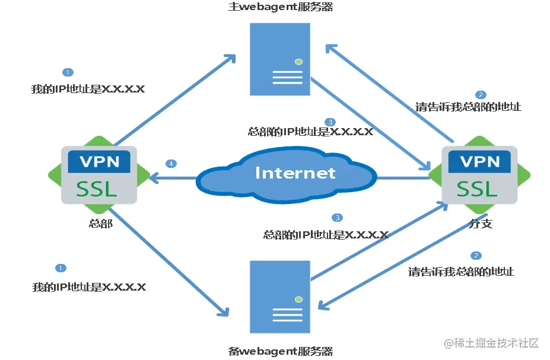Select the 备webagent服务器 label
[281, 351]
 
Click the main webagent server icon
[280, 59]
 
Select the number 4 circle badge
[171, 163]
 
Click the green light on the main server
[299, 61]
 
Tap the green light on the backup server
[299, 298]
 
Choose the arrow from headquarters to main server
[175, 101]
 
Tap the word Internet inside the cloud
[295, 173]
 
